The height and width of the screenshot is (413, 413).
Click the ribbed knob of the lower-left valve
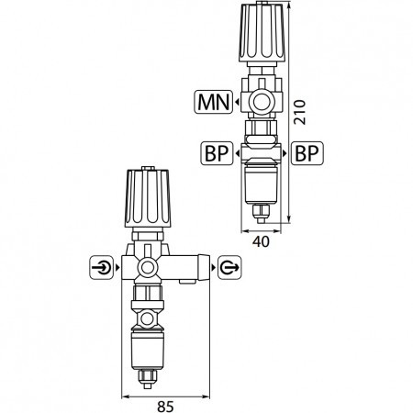click(x=147, y=201)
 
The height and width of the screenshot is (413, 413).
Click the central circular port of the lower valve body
click(x=147, y=268)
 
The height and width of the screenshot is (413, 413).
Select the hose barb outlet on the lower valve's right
click(x=190, y=267)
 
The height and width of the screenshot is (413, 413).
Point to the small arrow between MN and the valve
click(x=238, y=100)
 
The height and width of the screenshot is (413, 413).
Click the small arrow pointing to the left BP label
click(x=237, y=152)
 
